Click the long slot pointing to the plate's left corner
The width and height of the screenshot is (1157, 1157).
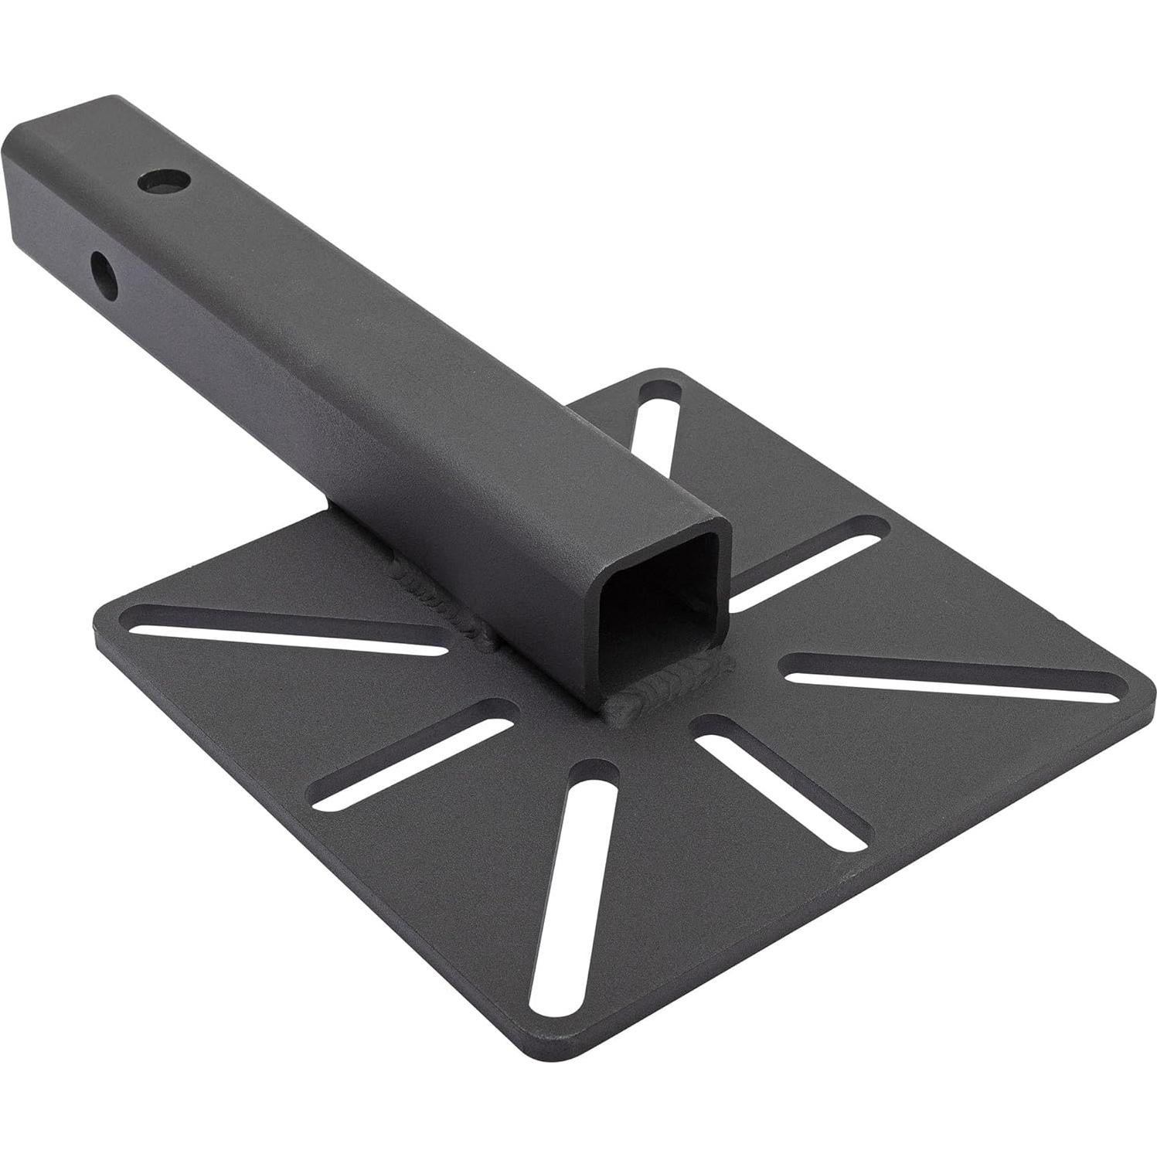[x=286, y=630]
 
